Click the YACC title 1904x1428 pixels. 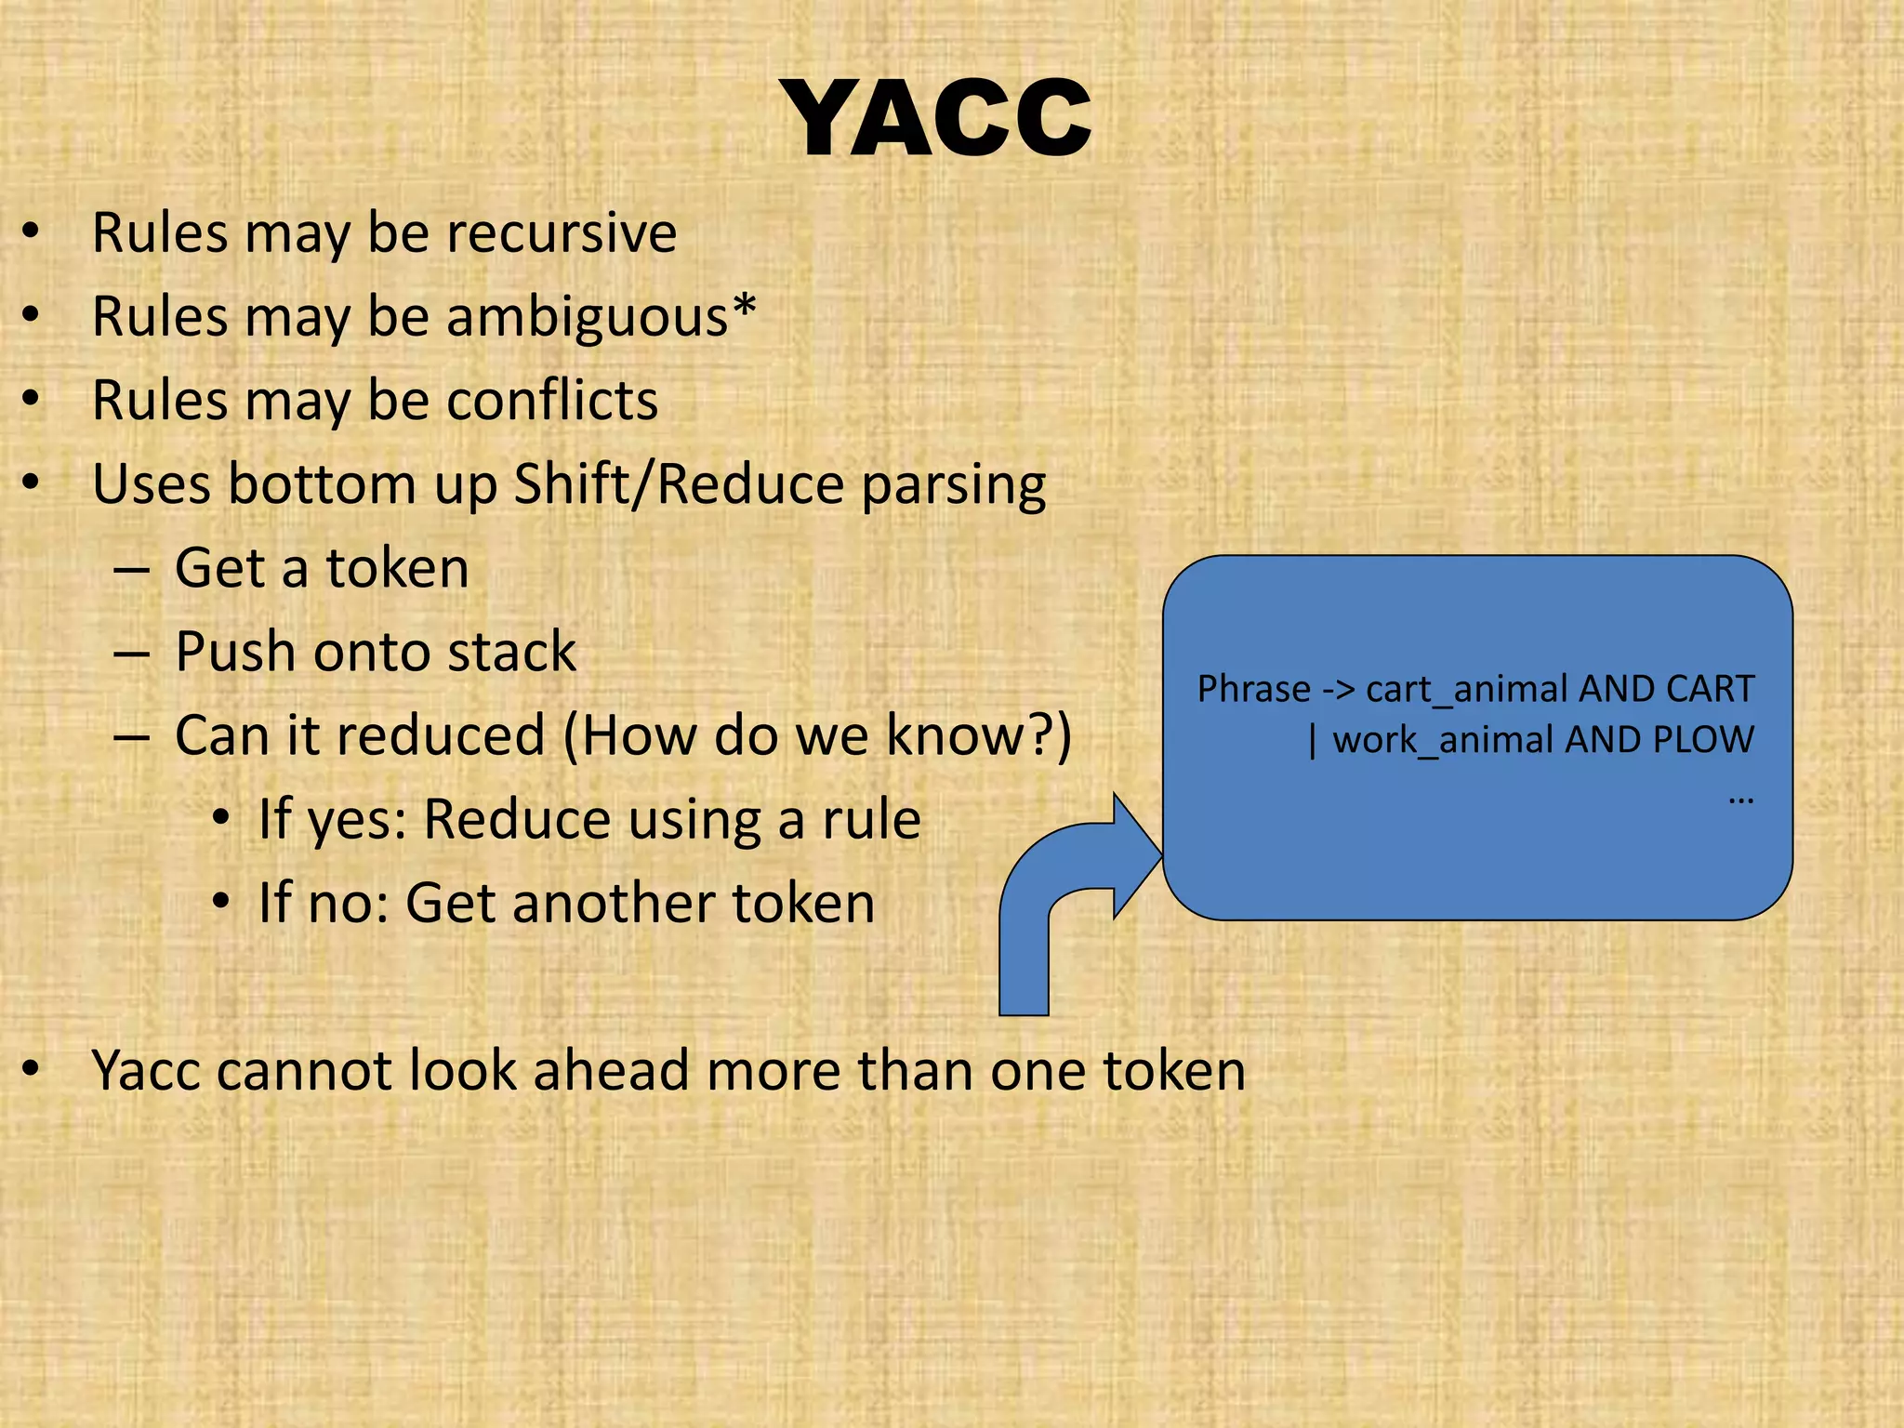(x=939, y=119)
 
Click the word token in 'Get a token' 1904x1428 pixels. (x=397, y=568)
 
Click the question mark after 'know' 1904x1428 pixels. (x=1039, y=734)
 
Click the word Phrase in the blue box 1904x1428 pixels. (x=1252, y=690)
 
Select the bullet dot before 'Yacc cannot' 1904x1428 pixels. (x=32, y=1070)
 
